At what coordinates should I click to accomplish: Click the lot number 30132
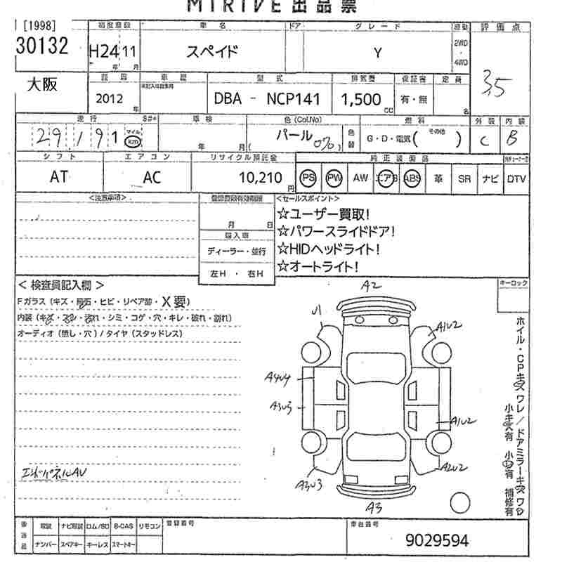[x=42, y=46]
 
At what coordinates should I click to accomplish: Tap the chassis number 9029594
[x=436, y=540]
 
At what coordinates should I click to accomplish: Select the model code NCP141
[x=292, y=99]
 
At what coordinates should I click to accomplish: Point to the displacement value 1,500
[x=360, y=99]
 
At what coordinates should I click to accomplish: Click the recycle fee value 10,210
[x=261, y=178]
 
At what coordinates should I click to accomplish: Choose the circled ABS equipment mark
[x=412, y=178]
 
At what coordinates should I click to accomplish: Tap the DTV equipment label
[x=516, y=178]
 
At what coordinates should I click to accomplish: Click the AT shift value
[x=59, y=178]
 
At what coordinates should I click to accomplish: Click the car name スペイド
[x=211, y=51]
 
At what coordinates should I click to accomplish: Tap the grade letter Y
[x=377, y=52]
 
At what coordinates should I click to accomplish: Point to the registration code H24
[x=103, y=51]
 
